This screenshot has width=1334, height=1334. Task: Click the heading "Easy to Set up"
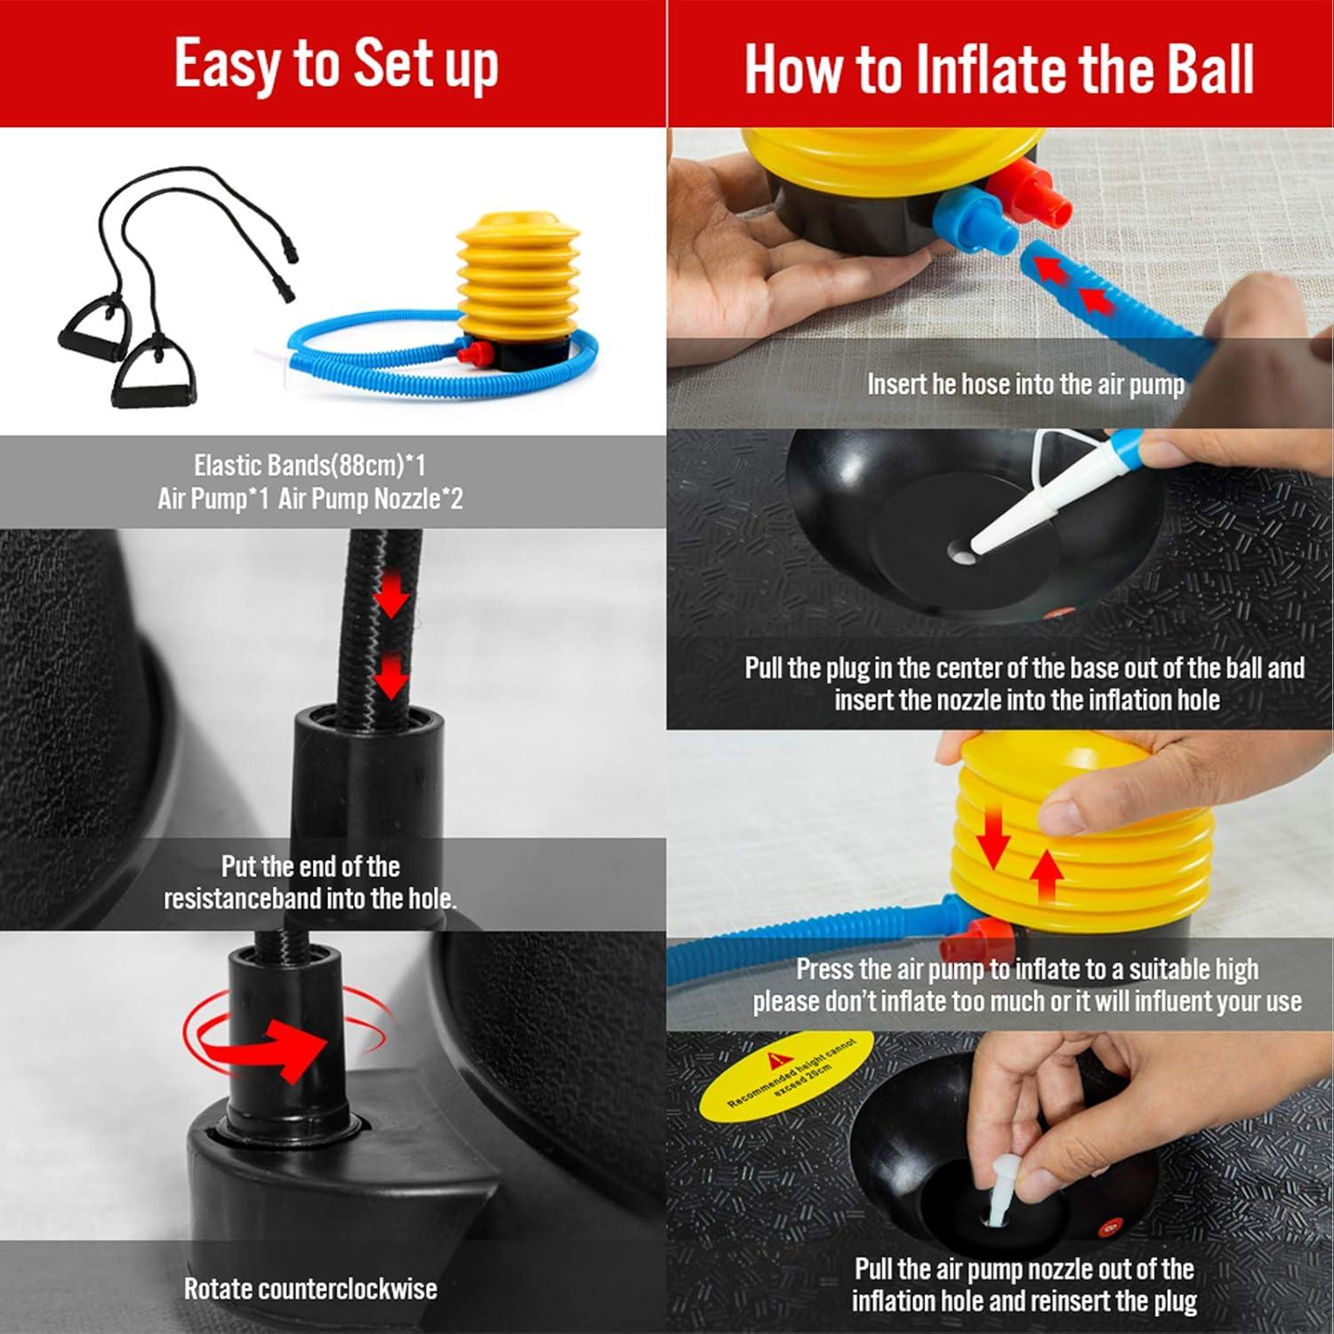[x=335, y=64]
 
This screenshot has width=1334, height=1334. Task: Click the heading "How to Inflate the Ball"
[x=999, y=68]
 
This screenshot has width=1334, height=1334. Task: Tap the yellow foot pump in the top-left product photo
[x=518, y=276]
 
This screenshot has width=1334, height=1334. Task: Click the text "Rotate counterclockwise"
[x=309, y=1289]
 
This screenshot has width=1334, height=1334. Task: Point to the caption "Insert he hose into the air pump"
[x=1025, y=384]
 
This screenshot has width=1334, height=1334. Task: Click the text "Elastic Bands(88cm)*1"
[x=309, y=464]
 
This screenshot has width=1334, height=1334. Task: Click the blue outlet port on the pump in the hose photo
[x=975, y=219]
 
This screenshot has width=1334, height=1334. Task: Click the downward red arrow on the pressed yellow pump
[x=993, y=838]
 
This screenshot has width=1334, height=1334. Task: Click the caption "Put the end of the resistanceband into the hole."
[x=309, y=882]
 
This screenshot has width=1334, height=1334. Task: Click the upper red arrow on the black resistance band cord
[x=390, y=597]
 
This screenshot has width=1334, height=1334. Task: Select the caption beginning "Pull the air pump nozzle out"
[x=1025, y=1284]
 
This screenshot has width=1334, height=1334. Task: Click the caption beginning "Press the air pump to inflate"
[x=1026, y=984]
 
